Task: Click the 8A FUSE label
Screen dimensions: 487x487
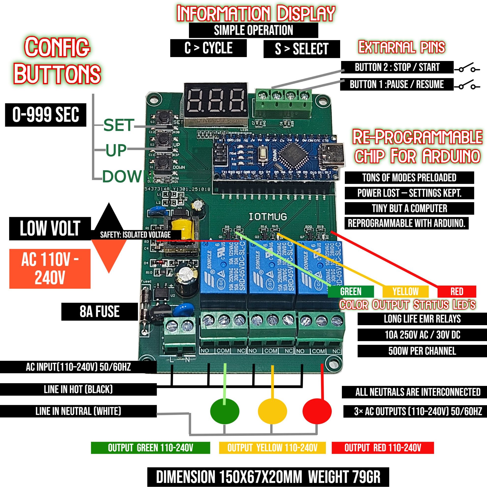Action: point(100,312)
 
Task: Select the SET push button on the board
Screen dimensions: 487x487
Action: point(164,118)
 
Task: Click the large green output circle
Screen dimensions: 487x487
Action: point(224,411)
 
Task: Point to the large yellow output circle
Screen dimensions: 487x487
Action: point(272,411)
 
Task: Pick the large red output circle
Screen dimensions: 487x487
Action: point(317,411)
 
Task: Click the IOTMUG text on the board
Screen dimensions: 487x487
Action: point(268,216)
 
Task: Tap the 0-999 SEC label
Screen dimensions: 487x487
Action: point(46,115)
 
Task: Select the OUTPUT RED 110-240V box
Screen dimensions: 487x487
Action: point(383,448)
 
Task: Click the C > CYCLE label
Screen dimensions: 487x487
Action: point(208,48)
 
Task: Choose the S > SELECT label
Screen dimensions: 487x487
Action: point(302,49)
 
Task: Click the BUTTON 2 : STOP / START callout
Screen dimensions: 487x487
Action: point(397,67)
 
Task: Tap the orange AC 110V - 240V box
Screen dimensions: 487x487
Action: point(50,269)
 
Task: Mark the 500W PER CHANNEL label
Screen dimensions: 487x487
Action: point(422,351)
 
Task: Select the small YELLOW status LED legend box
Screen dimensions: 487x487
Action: point(405,292)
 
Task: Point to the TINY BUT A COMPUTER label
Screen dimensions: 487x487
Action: point(409,209)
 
